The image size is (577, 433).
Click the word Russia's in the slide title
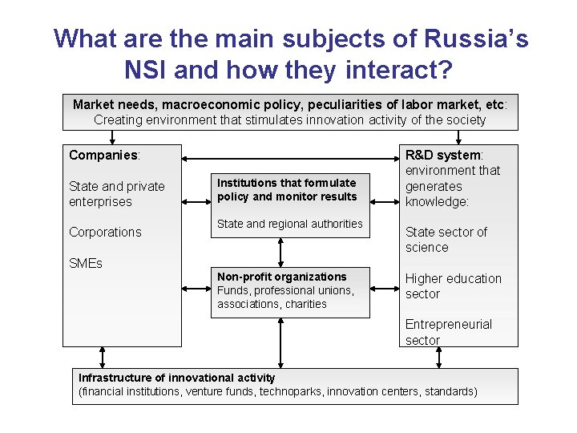point(475,38)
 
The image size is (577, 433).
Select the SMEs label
point(86,263)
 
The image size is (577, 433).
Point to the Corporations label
point(105,232)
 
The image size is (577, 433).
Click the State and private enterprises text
point(117,194)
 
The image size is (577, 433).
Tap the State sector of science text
point(446,240)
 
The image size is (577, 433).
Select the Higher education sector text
point(453,286)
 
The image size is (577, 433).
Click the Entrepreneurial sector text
point(449,332)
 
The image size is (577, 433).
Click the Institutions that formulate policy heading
point(287,189)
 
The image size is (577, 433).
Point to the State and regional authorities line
point(289,224)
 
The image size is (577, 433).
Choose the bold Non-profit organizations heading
point(282,277)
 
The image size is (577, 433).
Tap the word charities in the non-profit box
point(306,304)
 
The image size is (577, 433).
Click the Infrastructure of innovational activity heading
point(177,378)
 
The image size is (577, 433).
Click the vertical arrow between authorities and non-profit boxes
point(280,252)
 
